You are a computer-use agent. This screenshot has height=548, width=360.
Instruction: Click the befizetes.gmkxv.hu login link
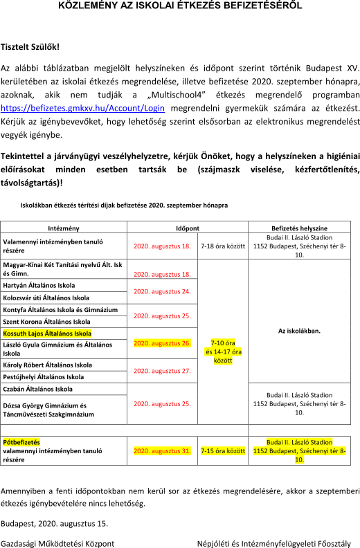(82, 108)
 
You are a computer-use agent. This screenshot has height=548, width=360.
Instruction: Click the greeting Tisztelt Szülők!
(30, 47)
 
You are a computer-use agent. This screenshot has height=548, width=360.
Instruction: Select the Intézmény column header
(64, 228)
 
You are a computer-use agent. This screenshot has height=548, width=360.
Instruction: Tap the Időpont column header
(188, 228)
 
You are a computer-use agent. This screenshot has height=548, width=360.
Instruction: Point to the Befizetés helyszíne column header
(300, 228)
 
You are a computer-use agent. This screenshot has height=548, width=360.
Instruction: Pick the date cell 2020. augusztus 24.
(162, 291)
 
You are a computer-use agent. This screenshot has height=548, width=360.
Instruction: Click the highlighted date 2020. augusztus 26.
(162, 343)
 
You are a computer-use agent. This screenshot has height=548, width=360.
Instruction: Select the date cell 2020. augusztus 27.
(162, 371)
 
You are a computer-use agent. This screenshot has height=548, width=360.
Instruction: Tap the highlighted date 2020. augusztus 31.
(162, 451)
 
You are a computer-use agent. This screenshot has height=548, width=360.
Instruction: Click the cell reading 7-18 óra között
(223, 246)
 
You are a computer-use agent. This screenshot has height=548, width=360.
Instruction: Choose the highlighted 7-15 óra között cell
(223, 451)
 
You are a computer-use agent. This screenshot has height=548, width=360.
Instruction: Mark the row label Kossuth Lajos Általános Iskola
(47, 334)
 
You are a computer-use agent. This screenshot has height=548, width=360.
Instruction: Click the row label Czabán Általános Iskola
(38, 389)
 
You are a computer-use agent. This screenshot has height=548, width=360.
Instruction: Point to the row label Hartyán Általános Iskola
(39, 285)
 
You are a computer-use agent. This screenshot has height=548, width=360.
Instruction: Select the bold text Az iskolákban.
(300, 331)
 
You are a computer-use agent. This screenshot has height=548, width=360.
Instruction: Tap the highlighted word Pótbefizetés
(21, 442)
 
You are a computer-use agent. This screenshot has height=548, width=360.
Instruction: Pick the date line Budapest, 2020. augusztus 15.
(54, 524)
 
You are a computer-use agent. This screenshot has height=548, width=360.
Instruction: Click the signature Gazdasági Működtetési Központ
(57, 544)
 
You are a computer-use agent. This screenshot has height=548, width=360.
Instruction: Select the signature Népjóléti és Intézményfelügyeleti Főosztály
(274, 544)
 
